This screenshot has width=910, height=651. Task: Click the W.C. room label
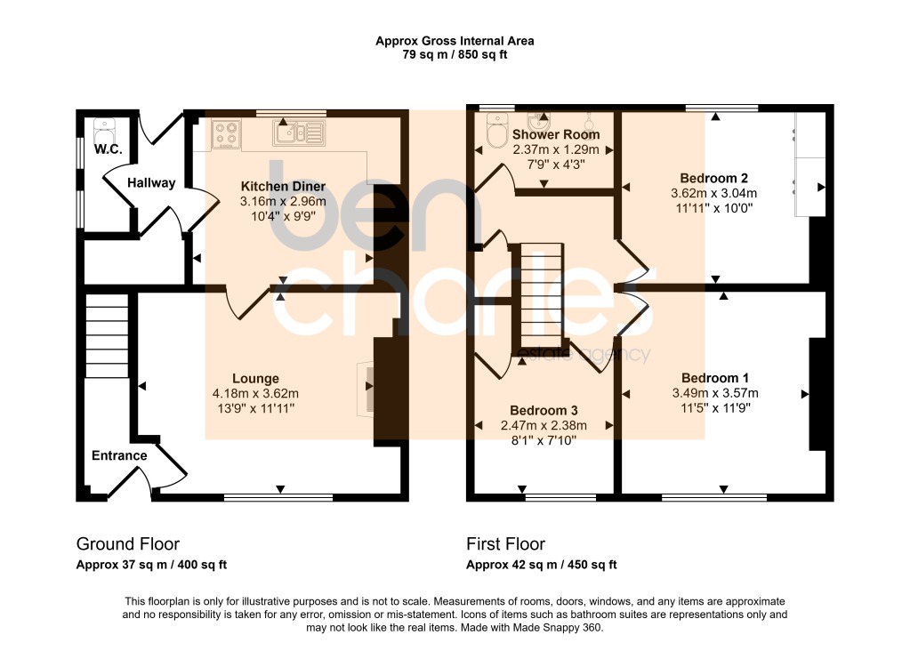(x=108, y=149)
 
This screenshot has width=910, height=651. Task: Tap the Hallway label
(x=151, y=183)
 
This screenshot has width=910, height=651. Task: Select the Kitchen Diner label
(x=283, y=186)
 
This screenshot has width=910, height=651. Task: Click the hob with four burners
(x=226, y=134)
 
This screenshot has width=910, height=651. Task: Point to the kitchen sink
(x=299, y=133)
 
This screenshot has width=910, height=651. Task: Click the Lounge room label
(x=256, y=378)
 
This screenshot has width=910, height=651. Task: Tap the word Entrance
(x=119, y=455)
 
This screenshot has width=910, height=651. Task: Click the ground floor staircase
(x=107, y=336)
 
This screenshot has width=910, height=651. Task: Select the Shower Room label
(x=556, y=134)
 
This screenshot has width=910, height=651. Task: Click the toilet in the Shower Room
(x=496, y=130)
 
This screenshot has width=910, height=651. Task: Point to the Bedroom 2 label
(x=713, y=178)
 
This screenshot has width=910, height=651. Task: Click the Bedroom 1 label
(x=715, y=378)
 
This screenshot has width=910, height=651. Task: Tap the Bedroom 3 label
(x=544, y=411)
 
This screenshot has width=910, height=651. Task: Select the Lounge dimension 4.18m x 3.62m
(x=256, y=393)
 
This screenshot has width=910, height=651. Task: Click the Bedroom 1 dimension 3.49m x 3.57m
(x=715, y=393)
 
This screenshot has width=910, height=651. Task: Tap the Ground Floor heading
(x=128, y=543)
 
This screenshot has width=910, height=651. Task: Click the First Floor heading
(x=505, y=543)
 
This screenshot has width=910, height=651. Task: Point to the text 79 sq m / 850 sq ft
(x=455, y=55)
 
